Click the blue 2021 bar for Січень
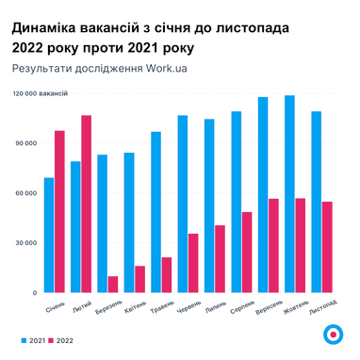tap(48, 235)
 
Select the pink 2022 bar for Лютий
tap(86, 204)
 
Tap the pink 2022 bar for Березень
tap(113, 284)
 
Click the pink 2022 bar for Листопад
tap(326, 247)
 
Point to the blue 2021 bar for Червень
tap(182, 204)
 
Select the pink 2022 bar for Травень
tap(166, 274)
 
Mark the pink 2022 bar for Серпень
tap(246, 252)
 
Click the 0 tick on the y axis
tap(33, 293)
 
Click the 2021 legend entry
tap(32, 339)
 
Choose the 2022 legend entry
tap(62, 339)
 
